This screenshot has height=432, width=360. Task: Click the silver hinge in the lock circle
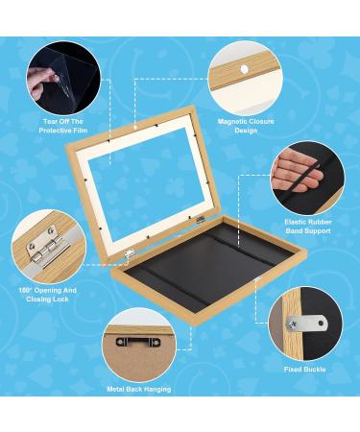tap(44, 248)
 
